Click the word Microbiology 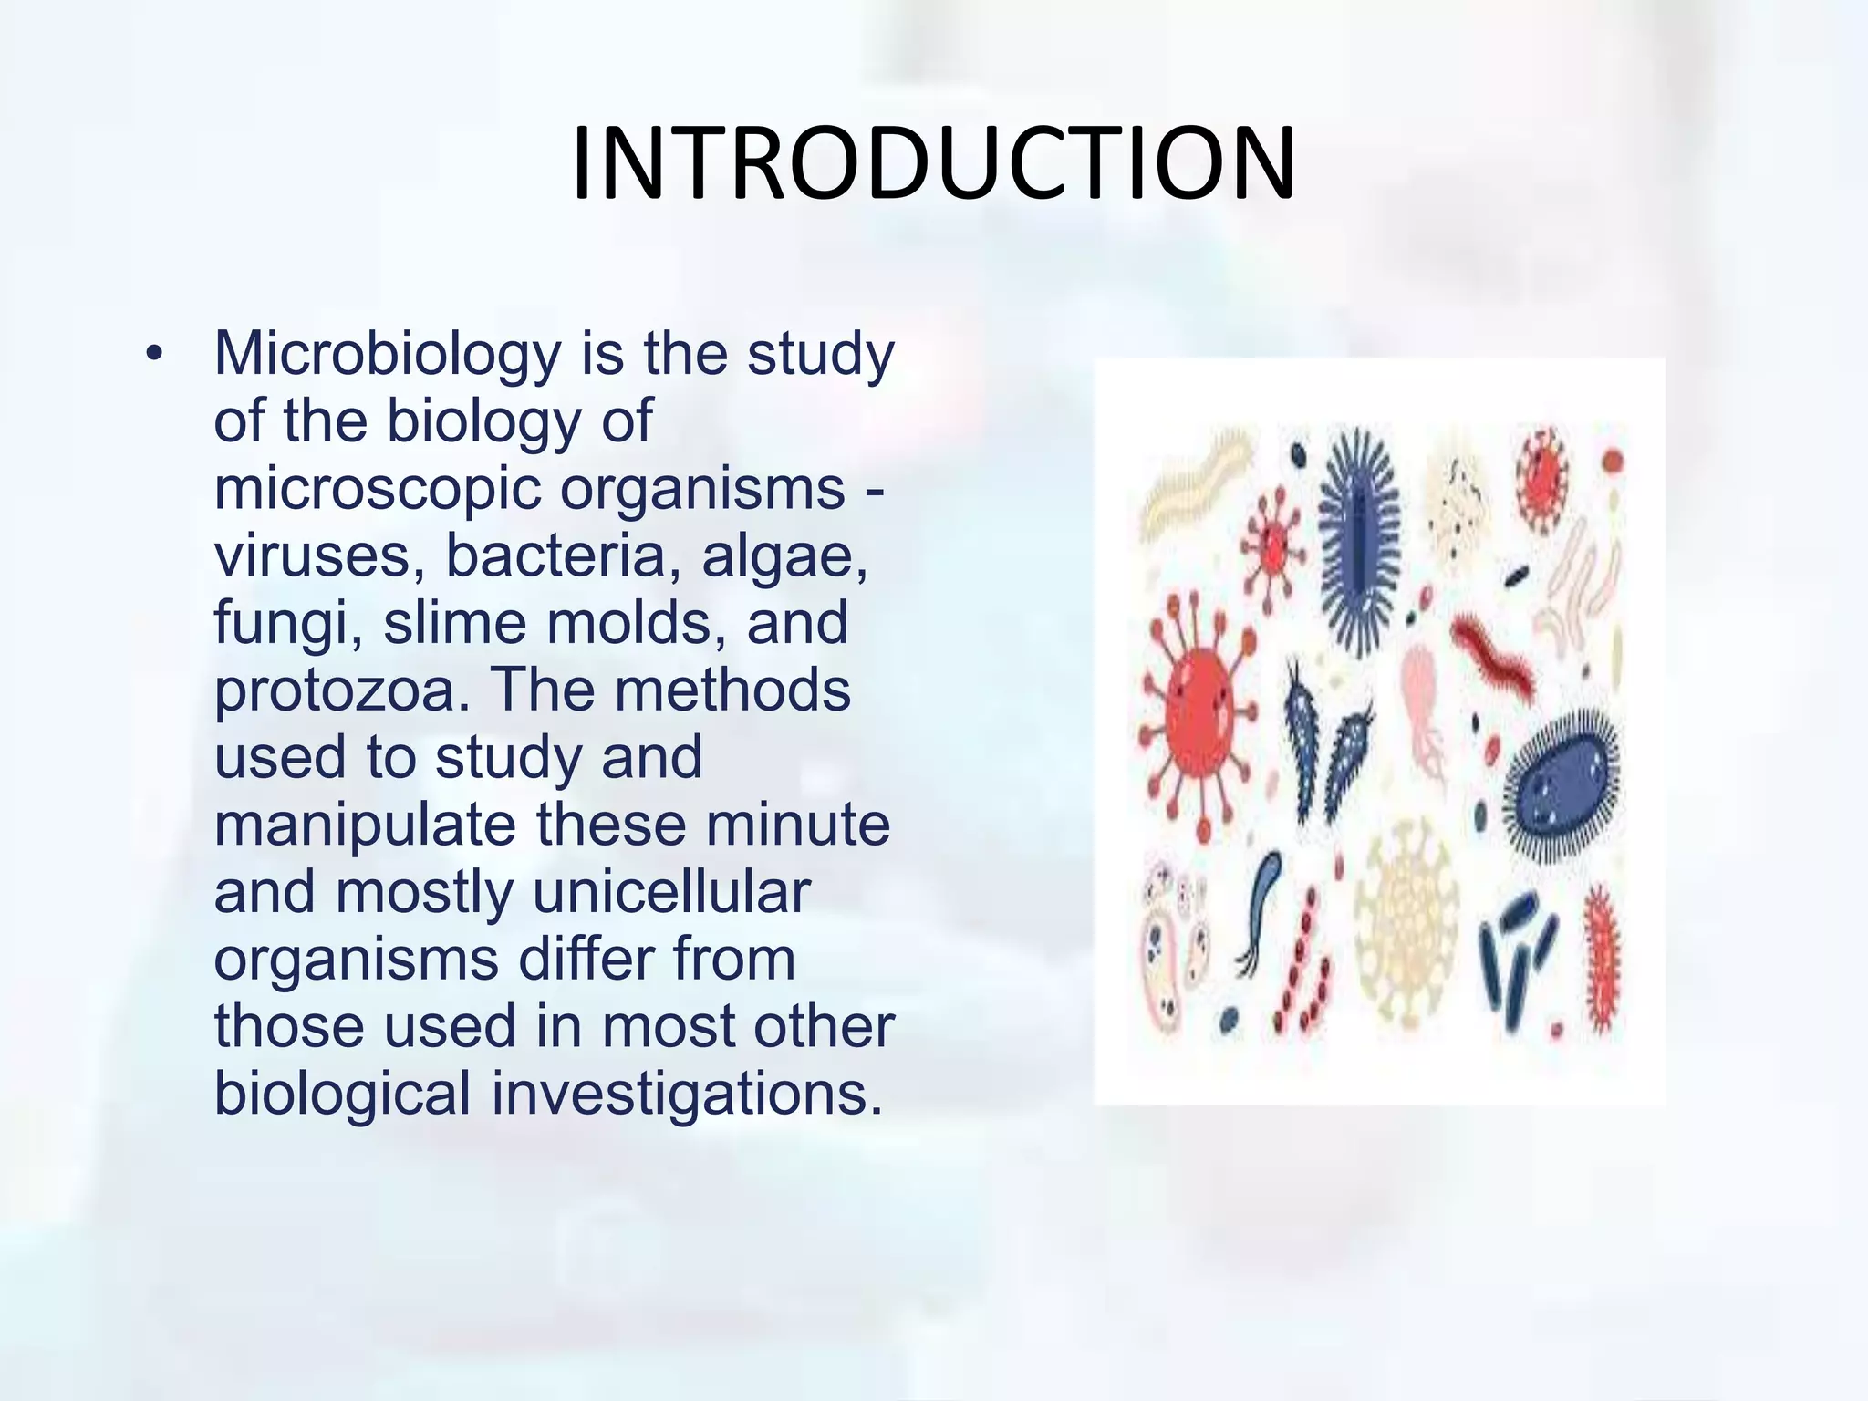(x=387, y=354)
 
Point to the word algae (x=784, y=555)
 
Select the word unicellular (x=671, y=893)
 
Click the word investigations (x=687, y=1095)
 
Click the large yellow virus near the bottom (x=1405, y=930)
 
